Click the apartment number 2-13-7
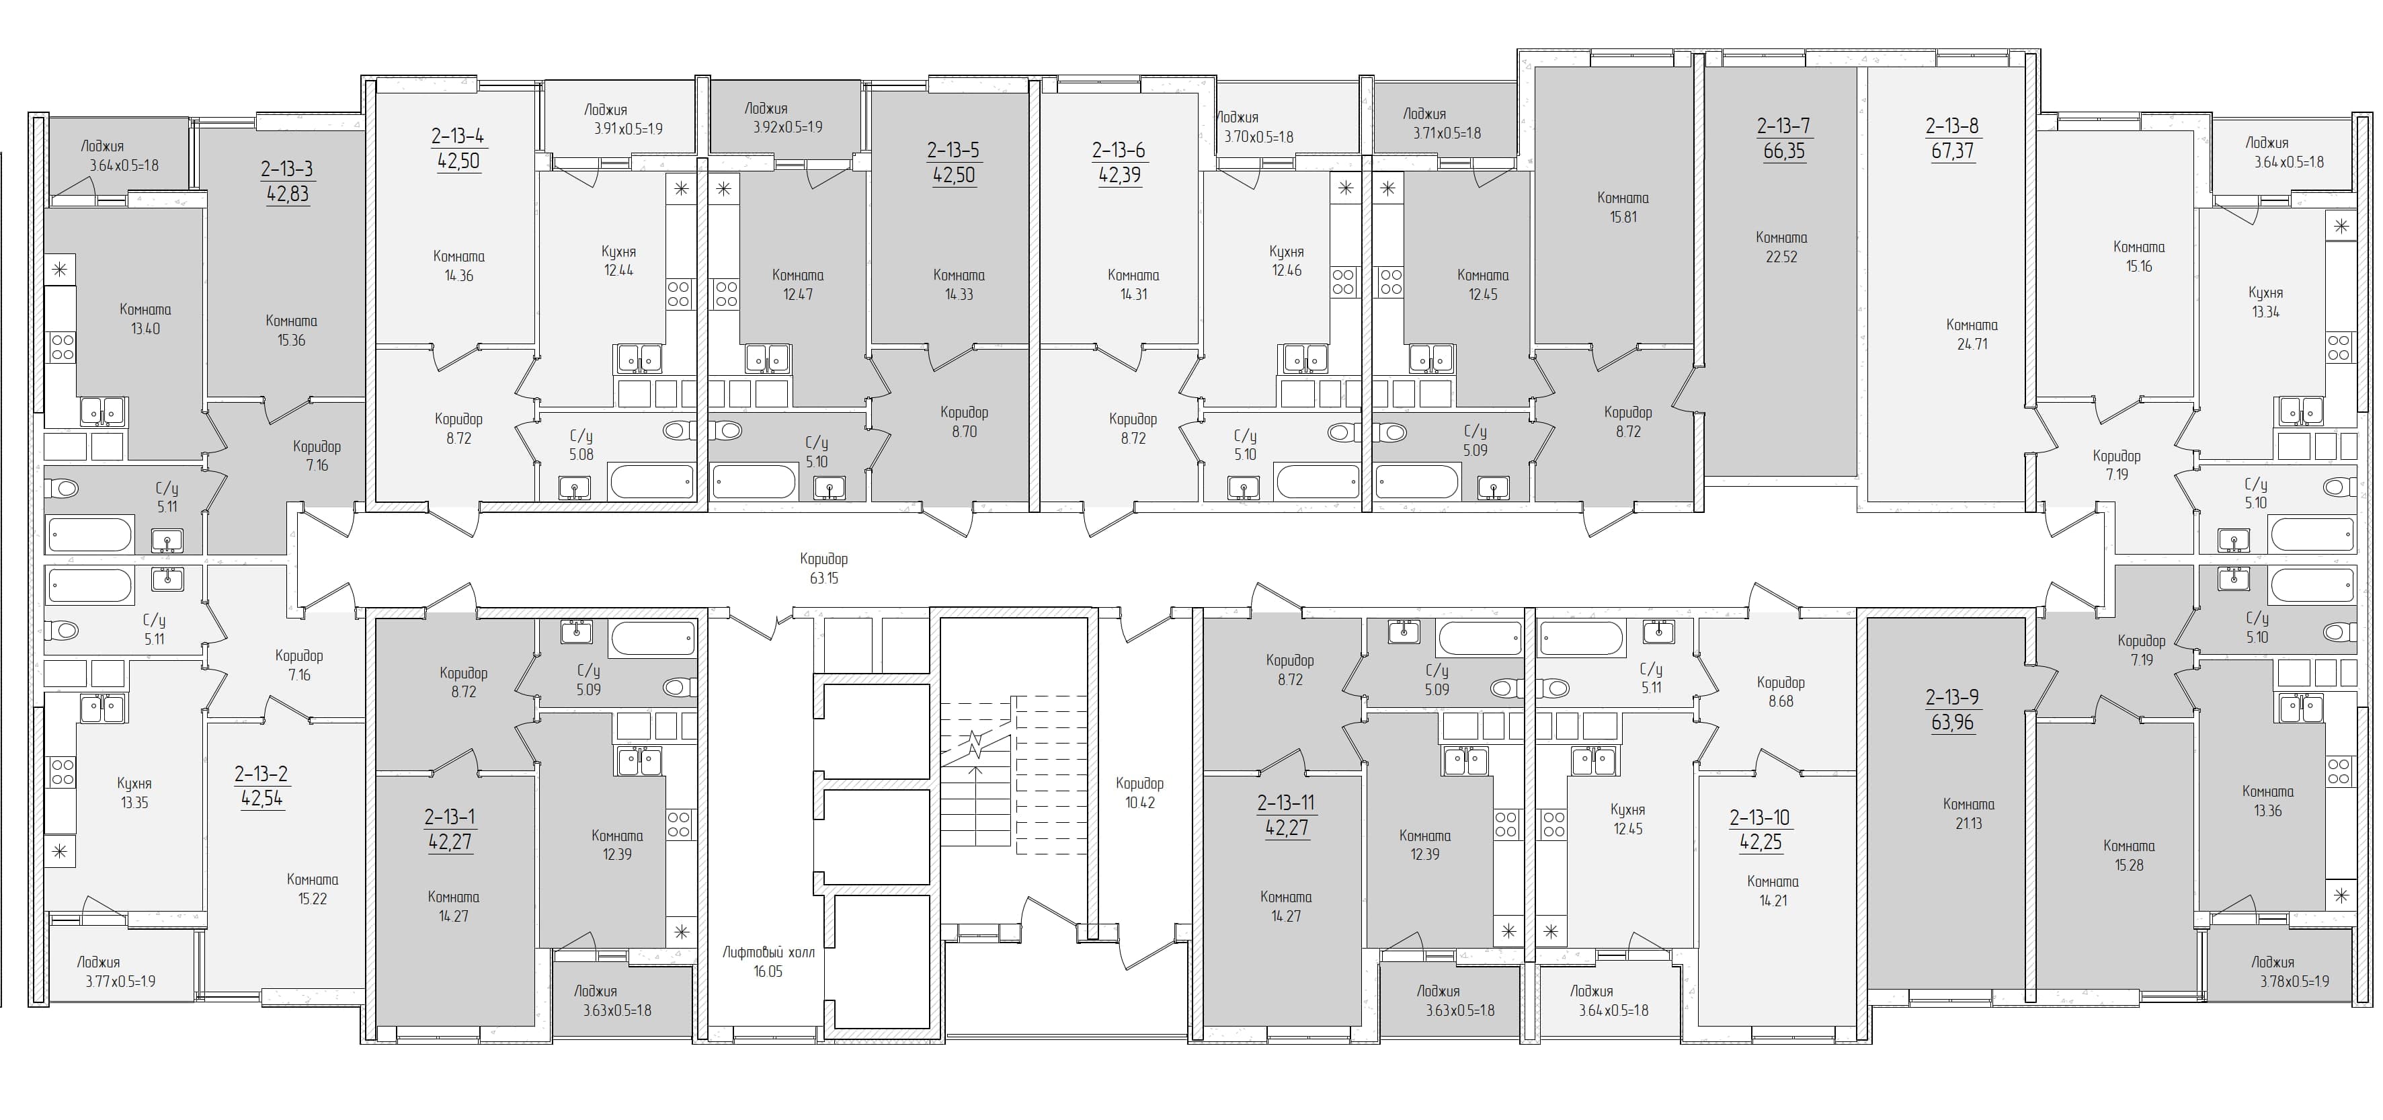pyautogui.click(x=1783, y=126)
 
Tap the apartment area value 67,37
pyautogui.click(x=1953, y=151)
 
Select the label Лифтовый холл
pyautogui.click(x=768, y=952)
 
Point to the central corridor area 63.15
pyautogui.click(x=823, y=579)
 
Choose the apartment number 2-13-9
pyautogui.click(x=1952, y=697)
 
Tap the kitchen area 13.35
pyautogui.click(x=134, y=803)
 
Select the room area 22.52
pyautogui.click(x=1781, y=257)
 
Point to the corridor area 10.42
pyautogui.click(x=1139, y=803)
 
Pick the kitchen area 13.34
pyautogui.click(x=2265, y=313)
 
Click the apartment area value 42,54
pyautogui.click(x=261, y=798)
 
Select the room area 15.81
pyautogui.click(x=1623, y=217)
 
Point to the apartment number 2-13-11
pyautogui.click(x=1286, y=803)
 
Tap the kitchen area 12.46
pyautogui.click(x=1286, y=271)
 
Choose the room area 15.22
pyautogui.click(x=312, y=899)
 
